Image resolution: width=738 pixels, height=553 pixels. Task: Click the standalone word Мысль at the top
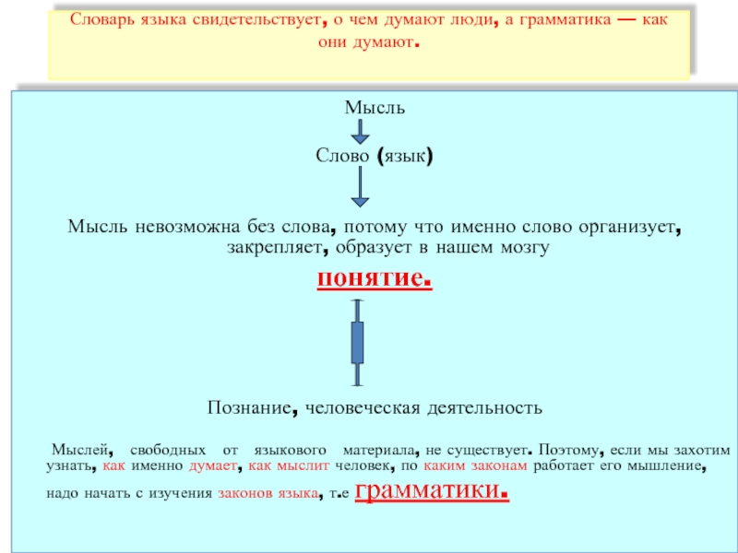pyautogui.click(x=375, y=108)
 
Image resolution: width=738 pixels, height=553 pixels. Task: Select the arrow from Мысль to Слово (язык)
pyautogui.click(x=361, y=133)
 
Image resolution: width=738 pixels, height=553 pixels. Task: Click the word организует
pyautogui.click(x=630, y=226)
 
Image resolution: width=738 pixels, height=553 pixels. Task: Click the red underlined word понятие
pyautogui.click(x=374, y=277)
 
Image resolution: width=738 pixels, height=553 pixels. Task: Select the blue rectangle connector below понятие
pyautogui.click(x=358, y=343)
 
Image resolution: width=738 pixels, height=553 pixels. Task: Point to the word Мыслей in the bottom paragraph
pyautogui.click(x=80, y=451)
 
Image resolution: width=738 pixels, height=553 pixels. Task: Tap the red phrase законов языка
pyautogui.click(x=263, y=495)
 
